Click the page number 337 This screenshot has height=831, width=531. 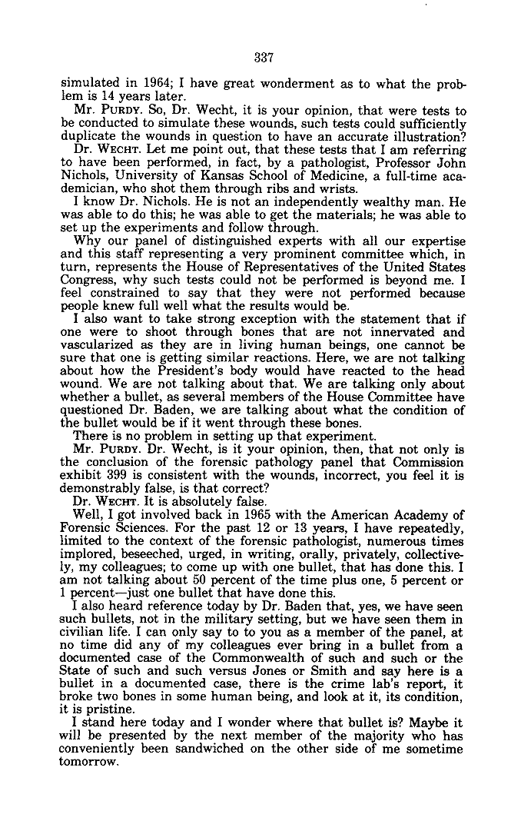[x=264, y=58]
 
